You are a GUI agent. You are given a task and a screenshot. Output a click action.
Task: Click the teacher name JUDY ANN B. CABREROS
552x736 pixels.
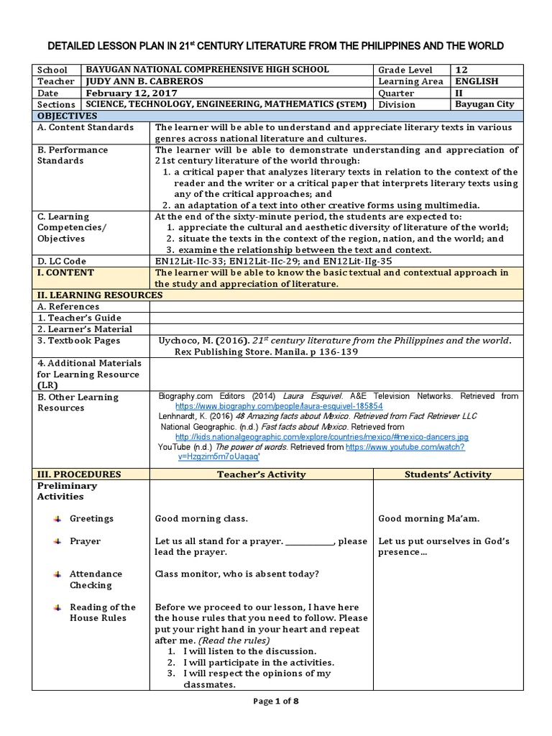pyautogui.click(x=143, y=81)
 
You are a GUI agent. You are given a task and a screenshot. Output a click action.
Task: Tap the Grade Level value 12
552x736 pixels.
pyautogui.click(x=462, y=70)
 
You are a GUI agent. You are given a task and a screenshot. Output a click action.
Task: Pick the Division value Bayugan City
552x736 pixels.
pyautogui.click(x=484, y=104)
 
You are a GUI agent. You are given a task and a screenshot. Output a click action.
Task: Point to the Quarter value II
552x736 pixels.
pyautogui.click(x=460, y=93)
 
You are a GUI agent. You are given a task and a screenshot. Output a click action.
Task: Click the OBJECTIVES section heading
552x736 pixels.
pyautogui.click(x=67, y=115)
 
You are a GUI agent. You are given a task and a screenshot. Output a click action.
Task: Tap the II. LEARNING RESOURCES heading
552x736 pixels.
pyautogui.click(x=91, y=295)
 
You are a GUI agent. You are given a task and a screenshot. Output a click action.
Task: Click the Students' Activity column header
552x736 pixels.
pyautogui.click(x=448, y=474)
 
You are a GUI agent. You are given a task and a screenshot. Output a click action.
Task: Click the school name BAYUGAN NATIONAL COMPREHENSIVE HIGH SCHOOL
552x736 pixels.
pyautogui.click(x=206, y=70)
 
